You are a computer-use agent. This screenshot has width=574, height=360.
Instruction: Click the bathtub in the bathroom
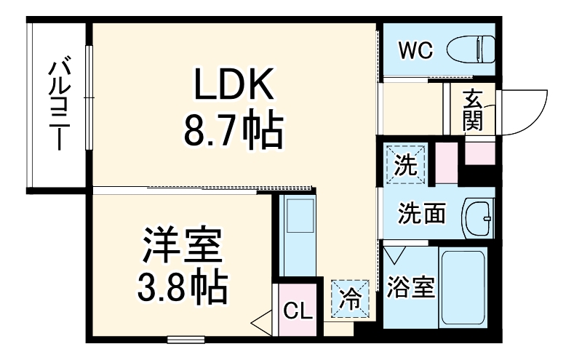[x=463, y=289]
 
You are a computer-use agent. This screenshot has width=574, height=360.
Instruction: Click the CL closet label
[x=298, y=311]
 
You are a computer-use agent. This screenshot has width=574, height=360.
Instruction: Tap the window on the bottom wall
[x=185, y=338]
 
